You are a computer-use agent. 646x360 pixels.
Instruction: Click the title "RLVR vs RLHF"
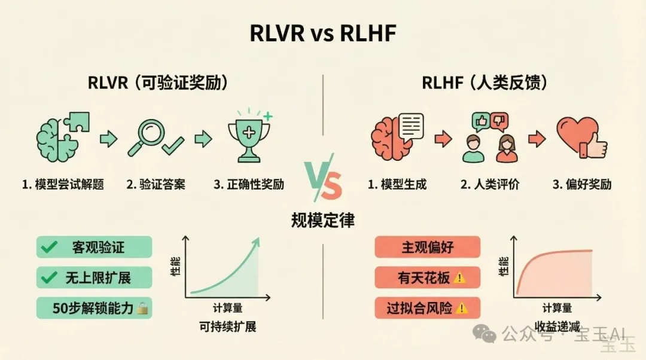[x=322, y=34]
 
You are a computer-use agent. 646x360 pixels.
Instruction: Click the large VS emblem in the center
[x=322, y=180]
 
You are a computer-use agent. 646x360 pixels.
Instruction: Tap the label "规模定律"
[x=322, y=220]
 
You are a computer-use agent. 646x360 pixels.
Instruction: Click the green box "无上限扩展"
[x=94, y=277]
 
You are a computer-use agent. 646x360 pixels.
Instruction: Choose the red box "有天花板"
[x=427, y=277]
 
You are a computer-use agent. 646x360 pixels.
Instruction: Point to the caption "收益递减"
[x=557, y=327]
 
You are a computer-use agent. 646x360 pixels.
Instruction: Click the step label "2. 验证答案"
[x=156, y=184]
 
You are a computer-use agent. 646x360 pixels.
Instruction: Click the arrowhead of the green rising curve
[x=258, y=240]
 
